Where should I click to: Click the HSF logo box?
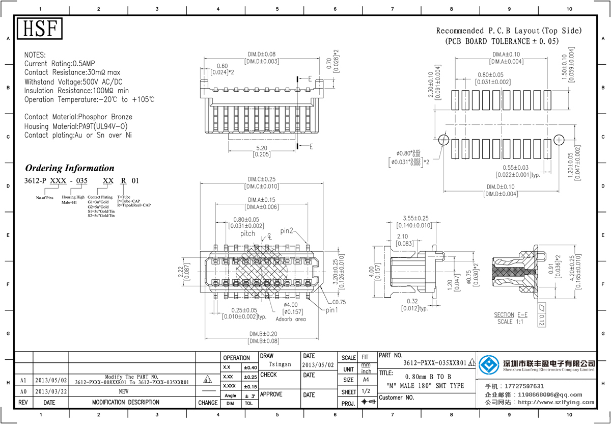pos(40,29)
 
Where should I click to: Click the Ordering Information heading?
pos(70,168)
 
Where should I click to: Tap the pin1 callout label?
pos(332,310)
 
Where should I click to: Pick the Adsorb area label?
pos(291,319)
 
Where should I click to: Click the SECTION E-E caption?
pos(511,315)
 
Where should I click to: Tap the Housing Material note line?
pos(76,126)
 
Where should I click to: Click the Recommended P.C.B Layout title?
pos(509,31)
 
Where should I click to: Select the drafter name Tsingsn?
pos(280,364)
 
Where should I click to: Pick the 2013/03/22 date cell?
pos(49,391)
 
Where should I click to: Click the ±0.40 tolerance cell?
pos(250,367)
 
